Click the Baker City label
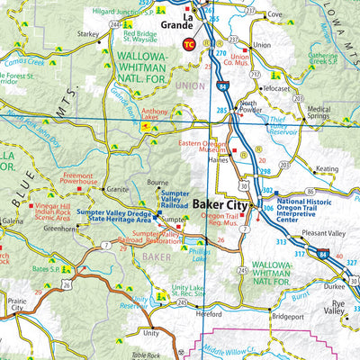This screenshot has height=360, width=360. tap(220, 204)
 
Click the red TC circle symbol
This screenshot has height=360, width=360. tap(188, 43)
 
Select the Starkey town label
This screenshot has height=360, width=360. tap(88, 32)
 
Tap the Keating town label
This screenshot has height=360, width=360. tap(327, 168)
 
